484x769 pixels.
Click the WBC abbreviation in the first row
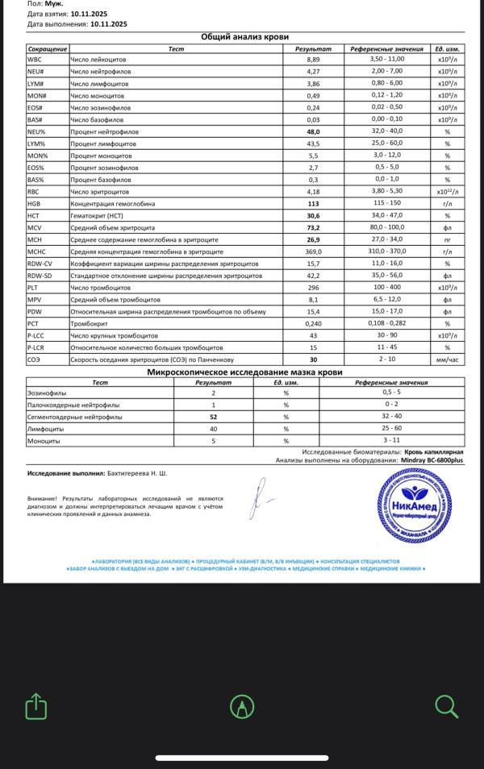tap(35, 60)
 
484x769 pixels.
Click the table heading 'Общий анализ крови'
tap(244, 37)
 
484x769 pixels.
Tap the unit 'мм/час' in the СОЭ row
tap(446, 360)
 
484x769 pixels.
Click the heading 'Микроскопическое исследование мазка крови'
tap(244, 372)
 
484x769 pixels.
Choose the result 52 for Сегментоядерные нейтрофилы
tap(214, 418)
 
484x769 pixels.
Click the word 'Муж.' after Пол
tap(59, 3)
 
